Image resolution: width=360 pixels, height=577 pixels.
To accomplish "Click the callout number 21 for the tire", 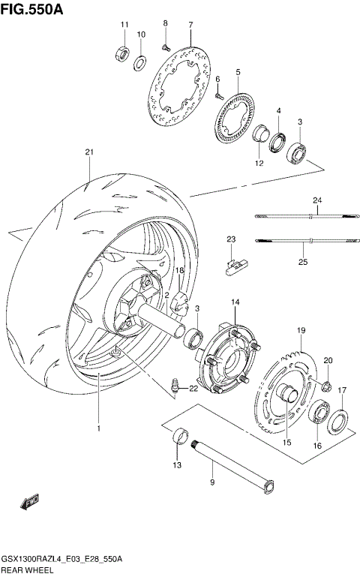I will point(89,152).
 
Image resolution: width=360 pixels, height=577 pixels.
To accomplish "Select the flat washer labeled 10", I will point(140,61).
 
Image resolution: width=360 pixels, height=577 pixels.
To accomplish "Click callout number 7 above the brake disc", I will point(190,25).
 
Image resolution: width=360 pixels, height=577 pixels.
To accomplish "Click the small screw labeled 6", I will point(218,95).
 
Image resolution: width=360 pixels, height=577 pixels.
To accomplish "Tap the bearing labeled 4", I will point(277,140).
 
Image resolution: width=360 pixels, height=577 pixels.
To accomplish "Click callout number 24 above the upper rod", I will point(316,200).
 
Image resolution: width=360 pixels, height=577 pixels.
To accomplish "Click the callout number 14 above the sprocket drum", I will point(235,302).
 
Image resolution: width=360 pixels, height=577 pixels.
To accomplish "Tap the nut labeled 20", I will point(327,386).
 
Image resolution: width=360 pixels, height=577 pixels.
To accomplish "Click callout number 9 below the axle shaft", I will point(211,482).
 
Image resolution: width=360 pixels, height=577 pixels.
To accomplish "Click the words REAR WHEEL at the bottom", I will point(27,569).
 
